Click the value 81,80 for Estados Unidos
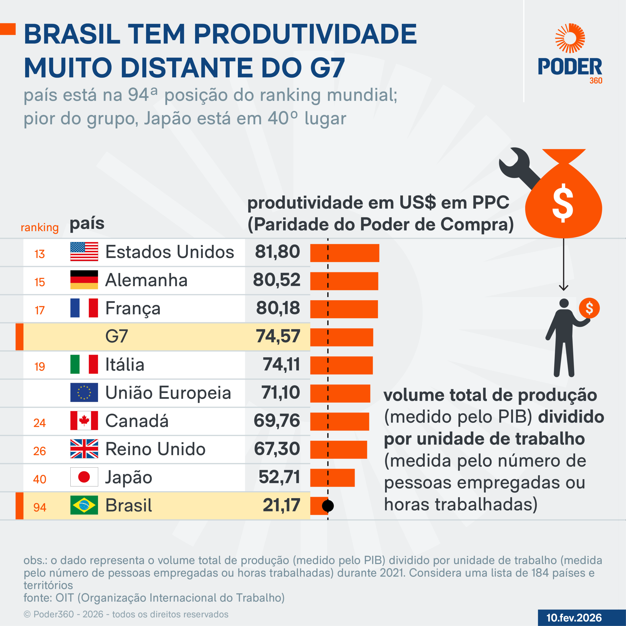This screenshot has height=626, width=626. pyautogui.click(x=277, y=252)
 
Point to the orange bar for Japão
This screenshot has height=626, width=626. pyautogui.click(x=332, y=477)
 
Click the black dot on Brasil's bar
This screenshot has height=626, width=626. pyautogui.click(x=328, y=505)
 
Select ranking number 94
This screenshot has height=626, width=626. pyautogui.click(x=40, y=507)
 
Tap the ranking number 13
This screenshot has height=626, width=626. pyautogui.click(x=40, y=254)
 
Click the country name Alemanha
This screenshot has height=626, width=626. pyautogui.click(x=146, y=280)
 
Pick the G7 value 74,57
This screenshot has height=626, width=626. pyautogui.click(x=278, y=336)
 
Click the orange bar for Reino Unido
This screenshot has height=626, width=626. pyautogui.click(x=338, y=449)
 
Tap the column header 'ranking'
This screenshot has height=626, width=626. pyautogui.click(x=40, y=227)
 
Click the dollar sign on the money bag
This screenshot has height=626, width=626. pyautogui.click(x=563, y=203)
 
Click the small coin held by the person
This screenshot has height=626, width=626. pyautogui.click(x=589, y=308)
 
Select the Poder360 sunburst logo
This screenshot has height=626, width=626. pyautogui.click(x=570, y=38)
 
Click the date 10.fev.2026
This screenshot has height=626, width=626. pyautogui.click(x=574, y=618)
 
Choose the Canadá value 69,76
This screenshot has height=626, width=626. pyautogui.click(x=277, y=421)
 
